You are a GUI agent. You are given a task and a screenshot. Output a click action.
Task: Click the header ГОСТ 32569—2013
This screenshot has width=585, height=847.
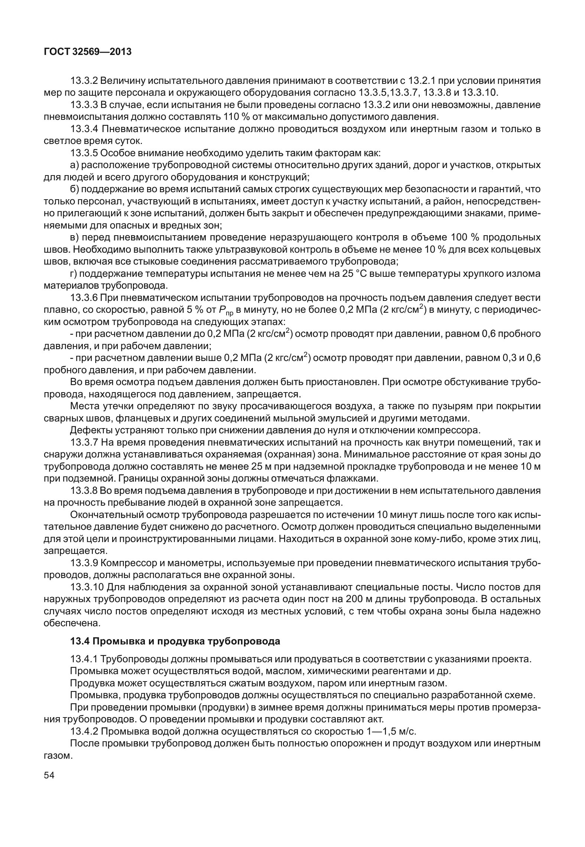[x=88, y=52]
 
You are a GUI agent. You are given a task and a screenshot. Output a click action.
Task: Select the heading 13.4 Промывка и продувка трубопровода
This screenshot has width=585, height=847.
[x=175, y=641]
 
